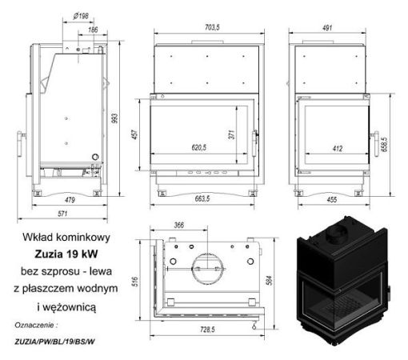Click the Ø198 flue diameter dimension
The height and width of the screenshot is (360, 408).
pos(81,17)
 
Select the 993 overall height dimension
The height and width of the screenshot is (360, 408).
pos(114,118)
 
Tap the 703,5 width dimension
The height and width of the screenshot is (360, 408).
pos(212,27)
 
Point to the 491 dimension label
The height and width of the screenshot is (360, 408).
pos(327,28)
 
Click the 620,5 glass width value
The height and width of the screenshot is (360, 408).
pos(199,148)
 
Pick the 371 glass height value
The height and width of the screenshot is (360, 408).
pos(232,134)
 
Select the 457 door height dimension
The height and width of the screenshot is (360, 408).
pos(135,134)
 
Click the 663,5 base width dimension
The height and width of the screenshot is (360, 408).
pos(202,198)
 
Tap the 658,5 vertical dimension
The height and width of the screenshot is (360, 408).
pos(384,145)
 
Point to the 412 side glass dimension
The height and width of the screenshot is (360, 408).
pos(338,149)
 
